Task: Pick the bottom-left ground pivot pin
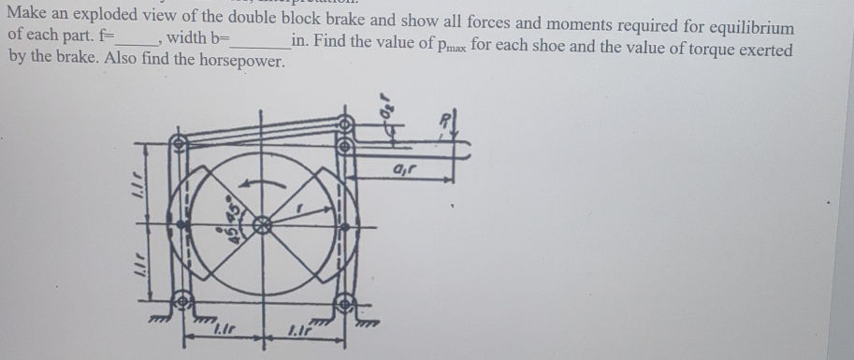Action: point(183,303)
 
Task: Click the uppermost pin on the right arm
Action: point(344,123)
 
